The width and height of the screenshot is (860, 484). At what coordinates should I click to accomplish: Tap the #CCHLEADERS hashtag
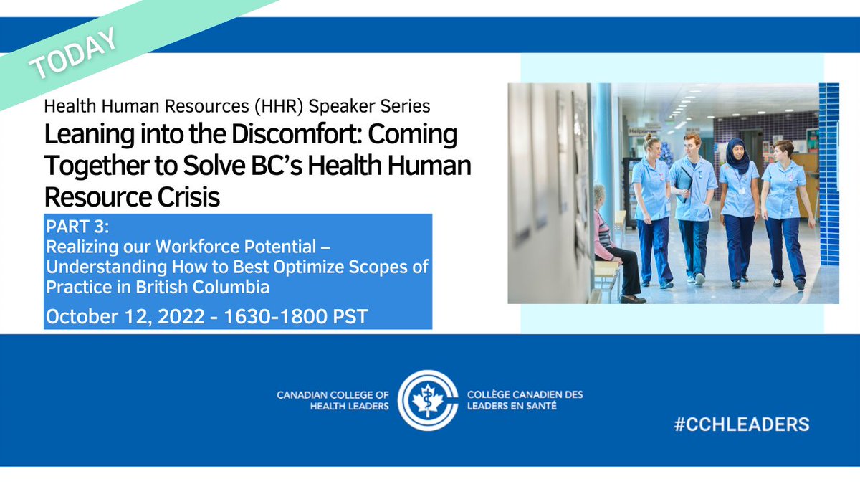point(741,424)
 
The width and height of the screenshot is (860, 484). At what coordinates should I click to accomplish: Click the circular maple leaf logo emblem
point(428,402)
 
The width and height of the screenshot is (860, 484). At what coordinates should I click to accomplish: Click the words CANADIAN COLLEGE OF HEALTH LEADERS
point(333,401)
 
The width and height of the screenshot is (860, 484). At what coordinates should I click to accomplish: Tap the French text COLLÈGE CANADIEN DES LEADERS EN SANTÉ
point(525,401)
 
